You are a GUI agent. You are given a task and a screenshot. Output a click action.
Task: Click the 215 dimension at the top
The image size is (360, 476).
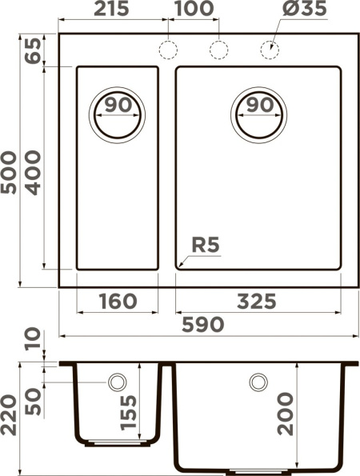point(114,10)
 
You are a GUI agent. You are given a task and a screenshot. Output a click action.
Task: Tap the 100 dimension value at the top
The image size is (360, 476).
point(193,10)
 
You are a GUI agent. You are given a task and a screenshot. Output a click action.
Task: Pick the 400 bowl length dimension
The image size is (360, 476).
point(33,170)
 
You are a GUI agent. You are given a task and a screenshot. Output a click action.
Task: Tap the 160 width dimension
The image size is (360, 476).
point(117,302)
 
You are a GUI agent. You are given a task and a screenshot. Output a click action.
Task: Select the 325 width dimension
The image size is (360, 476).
point(257,302)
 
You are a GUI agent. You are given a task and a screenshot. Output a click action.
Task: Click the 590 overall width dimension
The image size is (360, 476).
point(204,325)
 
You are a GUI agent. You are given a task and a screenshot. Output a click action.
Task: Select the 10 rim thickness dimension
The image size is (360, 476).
point(33,339)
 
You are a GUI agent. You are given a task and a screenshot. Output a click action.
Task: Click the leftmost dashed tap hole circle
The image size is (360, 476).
point(168,50)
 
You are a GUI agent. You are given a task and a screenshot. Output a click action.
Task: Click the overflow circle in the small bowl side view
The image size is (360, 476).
point(118,382)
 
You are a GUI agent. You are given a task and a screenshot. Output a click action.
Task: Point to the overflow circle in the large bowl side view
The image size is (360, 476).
point(258,382)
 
